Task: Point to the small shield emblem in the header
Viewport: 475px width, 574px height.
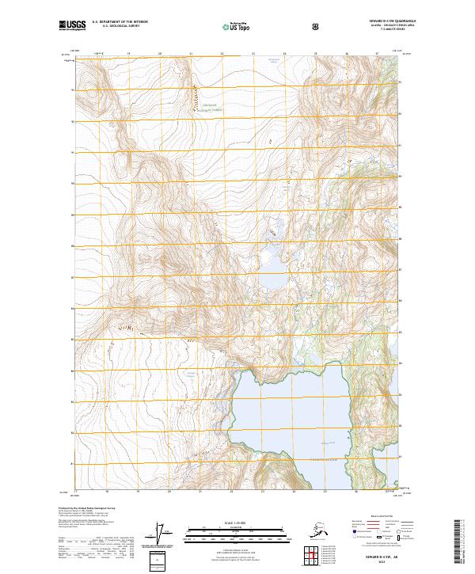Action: click(317, 28)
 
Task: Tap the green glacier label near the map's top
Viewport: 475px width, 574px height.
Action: click(208, 106)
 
